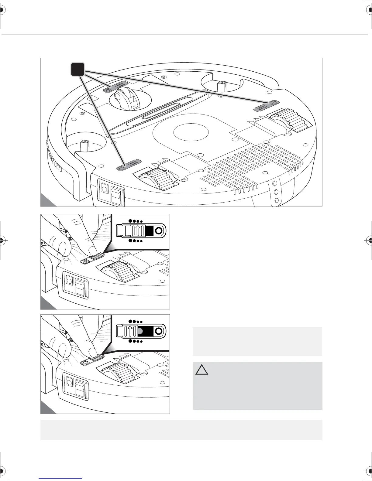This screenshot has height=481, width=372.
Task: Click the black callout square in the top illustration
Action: [77, 70]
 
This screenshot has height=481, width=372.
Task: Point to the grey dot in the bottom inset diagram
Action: [140, 331]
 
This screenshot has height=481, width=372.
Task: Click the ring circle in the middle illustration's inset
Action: [158, 231]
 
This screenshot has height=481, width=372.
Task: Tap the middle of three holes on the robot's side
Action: [276, 192]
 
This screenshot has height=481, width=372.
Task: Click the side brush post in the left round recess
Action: [84, 146]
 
